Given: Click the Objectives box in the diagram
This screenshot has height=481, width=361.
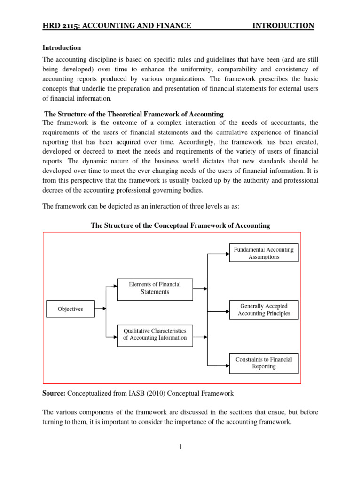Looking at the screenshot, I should (x=70, y=309).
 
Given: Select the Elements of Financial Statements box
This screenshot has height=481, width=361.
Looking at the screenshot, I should (x=155, y=288).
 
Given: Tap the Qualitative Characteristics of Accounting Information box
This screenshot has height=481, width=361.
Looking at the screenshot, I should (x=155, y=334).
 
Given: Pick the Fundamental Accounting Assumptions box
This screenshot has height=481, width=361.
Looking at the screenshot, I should (x=264, y=253).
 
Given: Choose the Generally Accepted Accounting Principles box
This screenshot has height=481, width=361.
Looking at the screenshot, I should (x=264, y=310).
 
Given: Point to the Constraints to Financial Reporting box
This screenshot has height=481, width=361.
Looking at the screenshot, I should (x=264, y=363).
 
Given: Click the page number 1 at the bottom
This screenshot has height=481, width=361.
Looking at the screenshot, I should (x=180, y=447).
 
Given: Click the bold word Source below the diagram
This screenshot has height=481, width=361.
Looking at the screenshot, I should (x=54, y=393).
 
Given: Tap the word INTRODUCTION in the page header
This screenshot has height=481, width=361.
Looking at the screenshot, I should (x=283, y=26).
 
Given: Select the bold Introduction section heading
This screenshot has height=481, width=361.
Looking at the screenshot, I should (x=62, y=48).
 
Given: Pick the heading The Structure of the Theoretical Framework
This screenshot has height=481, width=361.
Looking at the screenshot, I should (x=133, y=115).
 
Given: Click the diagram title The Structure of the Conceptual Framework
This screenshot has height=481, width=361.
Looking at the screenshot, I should (x=180, y=225).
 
